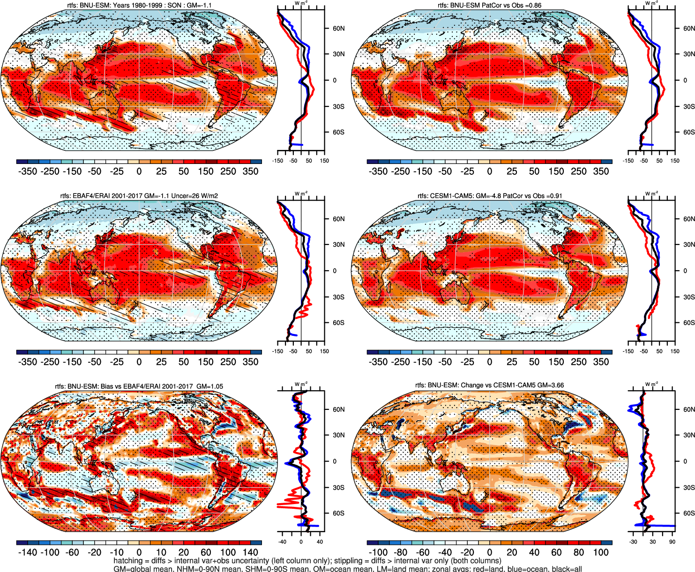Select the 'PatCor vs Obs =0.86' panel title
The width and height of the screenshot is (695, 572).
click(x=512, y=5)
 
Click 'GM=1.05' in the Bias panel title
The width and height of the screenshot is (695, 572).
click(x=209, y=386)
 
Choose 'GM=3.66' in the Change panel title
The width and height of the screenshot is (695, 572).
click(x=550, y=385)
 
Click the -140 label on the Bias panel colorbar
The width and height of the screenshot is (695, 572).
click(x=27, y=552)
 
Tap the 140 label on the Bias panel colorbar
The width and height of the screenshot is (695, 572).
click(x=250, y=552)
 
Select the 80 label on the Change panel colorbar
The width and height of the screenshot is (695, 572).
click(x=578, y=552)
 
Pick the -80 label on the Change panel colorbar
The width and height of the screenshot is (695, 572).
click(x=401, y=552)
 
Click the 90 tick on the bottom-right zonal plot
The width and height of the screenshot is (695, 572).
click(x=672, y=542)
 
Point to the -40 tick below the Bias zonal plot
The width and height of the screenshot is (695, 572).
click(x=282, y=542)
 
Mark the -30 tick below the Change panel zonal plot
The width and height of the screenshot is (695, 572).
click(x=633, y=542)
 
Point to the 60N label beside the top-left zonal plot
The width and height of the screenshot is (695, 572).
click(x=338, y=28)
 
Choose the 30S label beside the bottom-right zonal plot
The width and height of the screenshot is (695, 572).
click(x=689, y=488)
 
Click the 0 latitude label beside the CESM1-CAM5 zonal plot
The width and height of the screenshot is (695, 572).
click(x=685, y=271)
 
